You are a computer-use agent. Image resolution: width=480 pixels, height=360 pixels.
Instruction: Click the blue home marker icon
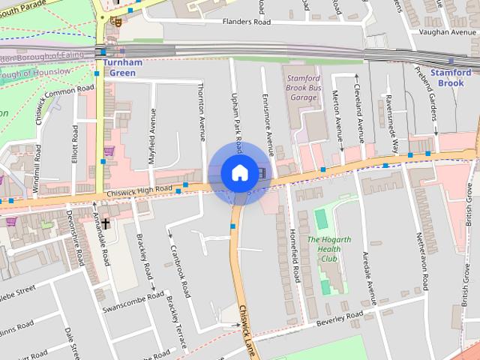[x=238, y=173]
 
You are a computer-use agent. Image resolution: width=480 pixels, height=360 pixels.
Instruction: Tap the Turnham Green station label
[x=118, y=68]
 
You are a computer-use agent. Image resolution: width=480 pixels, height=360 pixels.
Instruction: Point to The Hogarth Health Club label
[x=328, y=249]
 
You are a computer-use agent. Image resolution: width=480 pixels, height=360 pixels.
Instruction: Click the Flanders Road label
[x=246, y=22]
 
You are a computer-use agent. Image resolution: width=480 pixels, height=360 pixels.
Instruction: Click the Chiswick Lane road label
[x=247, y=330]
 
